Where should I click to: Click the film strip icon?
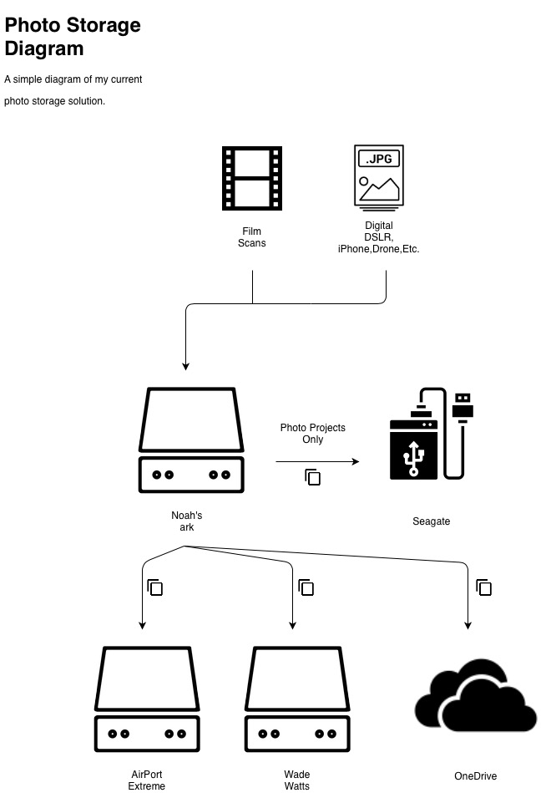click(252, 178)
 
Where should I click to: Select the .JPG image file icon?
click(379, 176)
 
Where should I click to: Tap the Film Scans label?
click(252, 237)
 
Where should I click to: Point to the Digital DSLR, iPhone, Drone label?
click(378, 237)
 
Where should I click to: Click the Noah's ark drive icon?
click(192, 440)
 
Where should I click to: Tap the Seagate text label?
click(432, 521)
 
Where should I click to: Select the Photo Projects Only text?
click(313, 433)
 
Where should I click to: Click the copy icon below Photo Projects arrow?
click(313, 477)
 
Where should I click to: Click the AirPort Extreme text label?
click(147, 780)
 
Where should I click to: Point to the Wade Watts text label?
click(297, 780)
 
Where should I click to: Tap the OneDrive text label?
click(476, 776)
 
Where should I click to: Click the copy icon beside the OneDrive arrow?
click(483, 587)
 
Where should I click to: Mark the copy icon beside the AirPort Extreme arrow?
click(154, 587)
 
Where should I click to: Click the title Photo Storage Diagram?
click(73, 37)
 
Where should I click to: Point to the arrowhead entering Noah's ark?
click(186, 365)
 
